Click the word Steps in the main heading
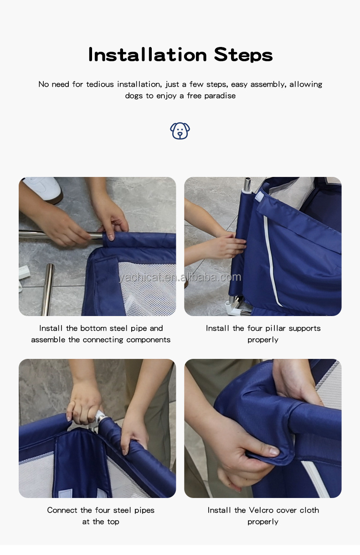(243, 55)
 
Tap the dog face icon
(180, 131)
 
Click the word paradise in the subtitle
(220, 96)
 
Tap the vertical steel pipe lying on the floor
(47, 290)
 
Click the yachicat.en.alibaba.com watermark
(180, 277)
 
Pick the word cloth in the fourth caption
(309, 510)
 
